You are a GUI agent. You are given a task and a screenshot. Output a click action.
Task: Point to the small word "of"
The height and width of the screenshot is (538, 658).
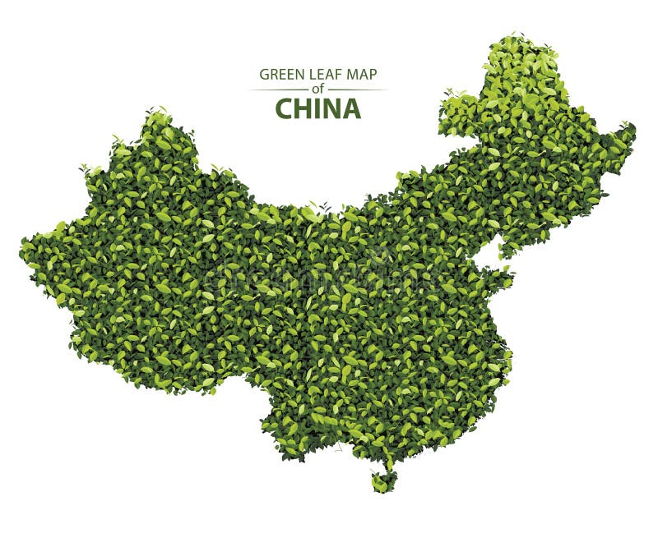(317, 90)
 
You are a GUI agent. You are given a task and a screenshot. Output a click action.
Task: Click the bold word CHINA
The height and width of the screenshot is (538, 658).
(317, 108)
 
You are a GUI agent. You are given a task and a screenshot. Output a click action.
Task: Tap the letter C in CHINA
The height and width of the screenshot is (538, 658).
(283, 108)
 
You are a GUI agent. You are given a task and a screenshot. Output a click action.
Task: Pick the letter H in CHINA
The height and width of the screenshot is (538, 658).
(302, 108)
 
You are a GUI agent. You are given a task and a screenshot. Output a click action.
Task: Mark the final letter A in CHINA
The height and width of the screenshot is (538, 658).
(351, 108)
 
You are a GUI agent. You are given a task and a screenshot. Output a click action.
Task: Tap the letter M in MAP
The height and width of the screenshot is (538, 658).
(352, 74)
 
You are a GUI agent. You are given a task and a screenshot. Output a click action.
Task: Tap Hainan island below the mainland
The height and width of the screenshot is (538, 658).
(382, 482)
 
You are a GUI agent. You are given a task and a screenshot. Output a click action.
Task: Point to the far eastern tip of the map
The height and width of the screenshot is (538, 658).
(633, 127)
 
